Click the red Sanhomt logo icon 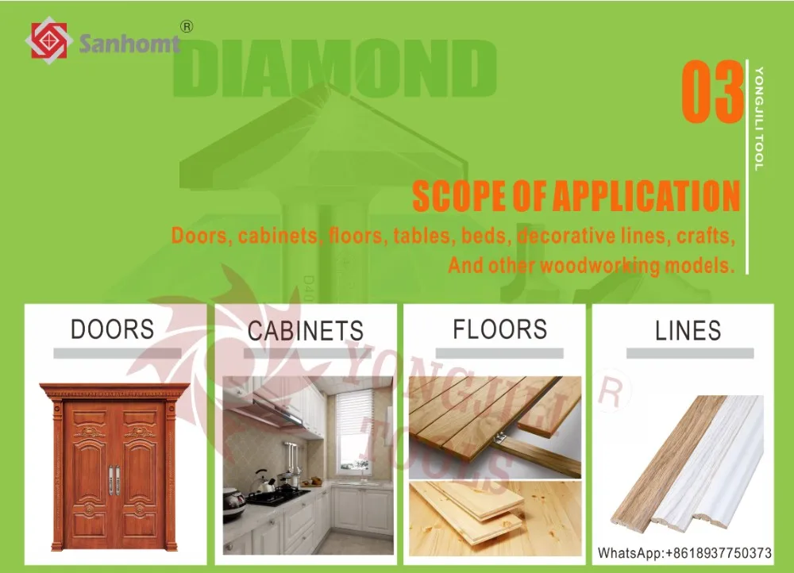coord(46,40)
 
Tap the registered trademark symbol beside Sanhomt coord(187,27)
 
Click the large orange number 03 coord(712,91)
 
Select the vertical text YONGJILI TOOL coord(759,119)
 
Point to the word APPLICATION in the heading coord(646,196)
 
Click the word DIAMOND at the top coord(334,68)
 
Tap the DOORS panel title coord(113,329)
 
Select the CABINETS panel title coord(306,330)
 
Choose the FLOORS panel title coord(499,329)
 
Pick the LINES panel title coord(688,330)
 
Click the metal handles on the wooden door coord(115,479)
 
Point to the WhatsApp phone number coord(684,552)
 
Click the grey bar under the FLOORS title coord(499,353)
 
